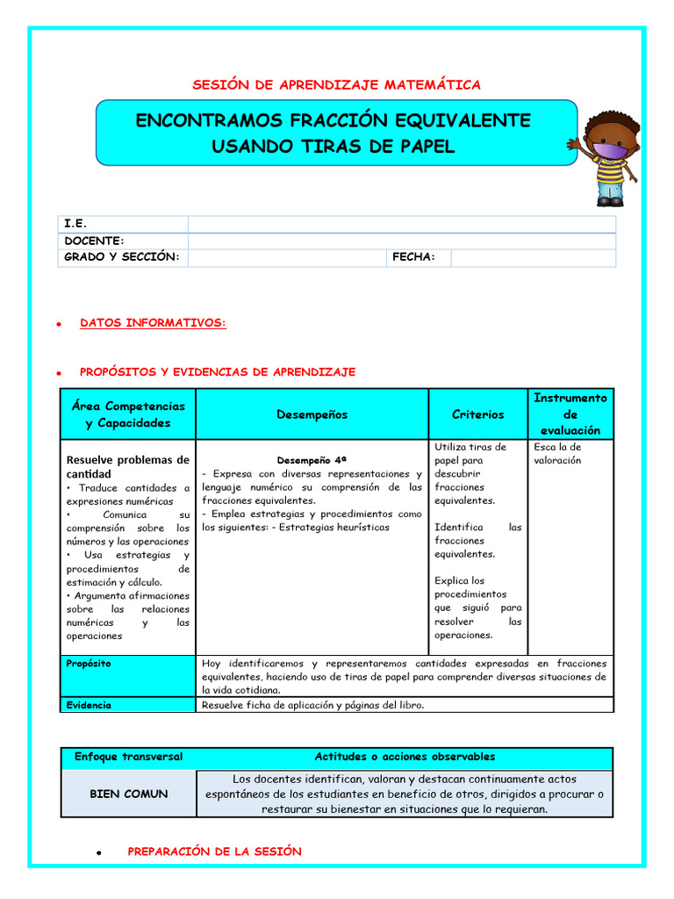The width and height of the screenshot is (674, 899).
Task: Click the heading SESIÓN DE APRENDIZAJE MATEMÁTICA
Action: click(x=336, y=84)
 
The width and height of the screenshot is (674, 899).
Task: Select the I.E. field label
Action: click(x=75, y=224)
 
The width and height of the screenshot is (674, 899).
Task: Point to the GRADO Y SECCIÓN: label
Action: click(x=122, y=256)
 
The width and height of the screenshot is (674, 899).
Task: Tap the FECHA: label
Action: click(x=413, y=256)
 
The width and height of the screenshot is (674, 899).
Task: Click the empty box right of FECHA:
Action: click(x=533, y=257)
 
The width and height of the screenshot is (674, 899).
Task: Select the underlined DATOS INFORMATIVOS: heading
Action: click(x=153, y=323)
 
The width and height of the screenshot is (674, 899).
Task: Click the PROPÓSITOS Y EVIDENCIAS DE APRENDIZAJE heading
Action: click(x=218, y=372)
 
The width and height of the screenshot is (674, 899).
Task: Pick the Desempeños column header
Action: click(x=312, y=414)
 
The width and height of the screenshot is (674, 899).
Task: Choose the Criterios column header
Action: click(x=477, y=414)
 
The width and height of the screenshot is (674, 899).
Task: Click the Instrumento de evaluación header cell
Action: click(x=570, y=414)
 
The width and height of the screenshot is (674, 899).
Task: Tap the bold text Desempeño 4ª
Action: click(x=312, y=460)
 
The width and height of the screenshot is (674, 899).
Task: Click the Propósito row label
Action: click(x=89, y=664)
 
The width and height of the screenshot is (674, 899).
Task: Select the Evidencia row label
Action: click(x=89, y=704)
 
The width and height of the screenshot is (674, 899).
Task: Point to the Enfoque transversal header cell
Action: click(x=128, y=757)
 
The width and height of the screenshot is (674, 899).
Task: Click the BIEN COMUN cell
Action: click(x=128, y=794)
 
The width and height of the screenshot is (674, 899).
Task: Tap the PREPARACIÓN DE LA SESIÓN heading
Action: click(x=214, y=852)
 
